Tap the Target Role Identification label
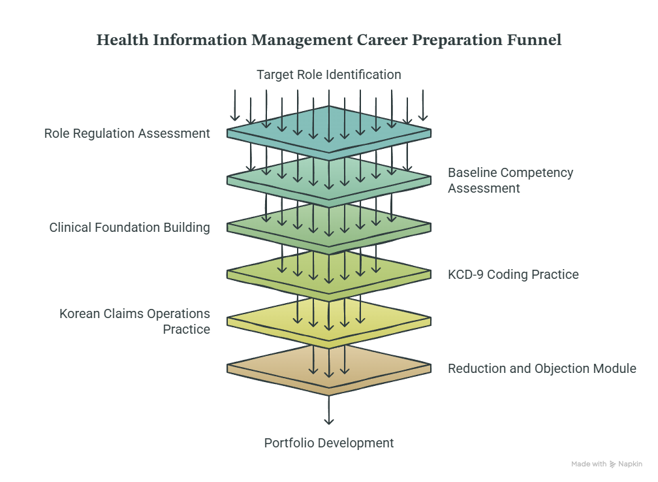pos(329,74)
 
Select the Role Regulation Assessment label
pos(127,133)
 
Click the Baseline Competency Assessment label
pos(510,180)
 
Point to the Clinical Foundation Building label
pos(129,227)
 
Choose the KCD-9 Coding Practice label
pos(513,274)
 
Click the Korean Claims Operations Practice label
pos(134,321)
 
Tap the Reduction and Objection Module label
pos(542,368)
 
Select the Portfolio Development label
pos(329,443)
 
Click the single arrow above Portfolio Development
pos(329,410)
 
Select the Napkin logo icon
pos(613,464)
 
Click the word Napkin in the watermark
pos(631,464)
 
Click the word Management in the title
pos(302,40)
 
